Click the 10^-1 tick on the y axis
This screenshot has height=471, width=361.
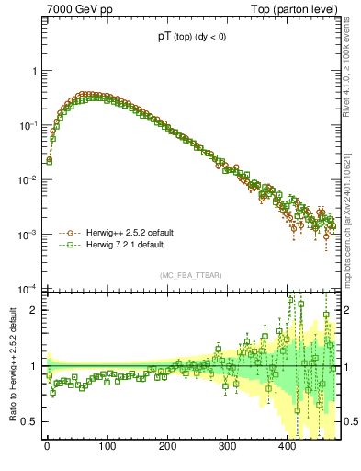pos(29,125)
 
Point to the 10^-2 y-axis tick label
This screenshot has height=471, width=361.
pos(29,179)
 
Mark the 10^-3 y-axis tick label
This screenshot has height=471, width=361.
pos(29,235)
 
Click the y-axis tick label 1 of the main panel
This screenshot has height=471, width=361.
pos(34,71)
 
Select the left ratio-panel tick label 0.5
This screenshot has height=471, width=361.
pos(30,421)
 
